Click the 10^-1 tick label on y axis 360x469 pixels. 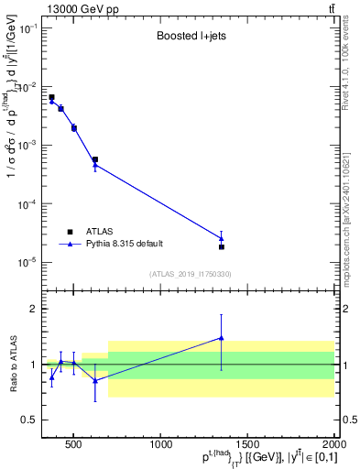tap(27, 28)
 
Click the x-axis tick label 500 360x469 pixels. tap(73, 445)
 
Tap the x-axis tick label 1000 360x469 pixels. tap(161, 445)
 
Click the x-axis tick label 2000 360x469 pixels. tap(333, 445)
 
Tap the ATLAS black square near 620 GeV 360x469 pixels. tap(94, 159)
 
